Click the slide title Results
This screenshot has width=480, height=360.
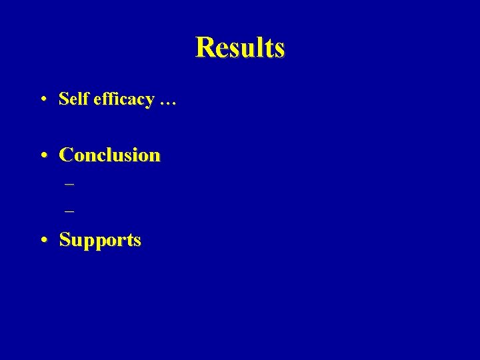click(x=240, y=47)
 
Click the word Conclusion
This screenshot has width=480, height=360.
click(x=110, y=155)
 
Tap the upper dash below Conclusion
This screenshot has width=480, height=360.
click(x=69, y=183)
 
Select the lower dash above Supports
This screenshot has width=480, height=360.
click(x=69, y=211)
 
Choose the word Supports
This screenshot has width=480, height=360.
click(x=100, y=240)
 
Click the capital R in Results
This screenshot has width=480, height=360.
click(x=203, y=47)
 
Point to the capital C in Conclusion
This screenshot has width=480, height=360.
click(x=66, y=155)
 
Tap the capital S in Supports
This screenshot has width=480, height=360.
click(x=65, y=239)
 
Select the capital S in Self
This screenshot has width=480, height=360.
click(x=63, y=99)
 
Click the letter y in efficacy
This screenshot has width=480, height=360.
click(x=150, y=101)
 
